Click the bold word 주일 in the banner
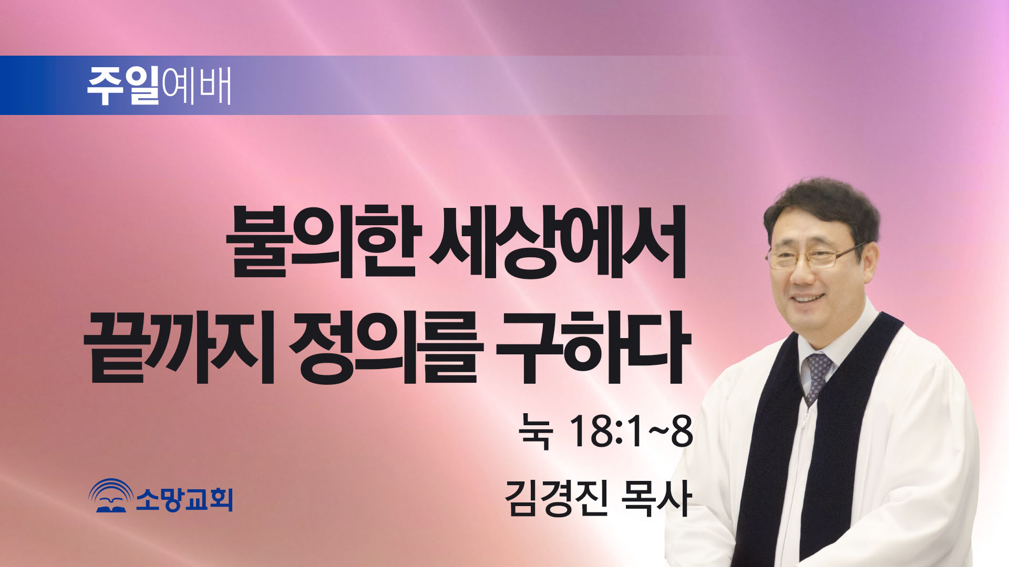(x=123, y=86)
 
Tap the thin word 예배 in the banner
(x=197, y=86)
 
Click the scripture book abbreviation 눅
(x=536, y=432)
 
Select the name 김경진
(x=557, y=498)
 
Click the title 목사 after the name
(x=655, y=498)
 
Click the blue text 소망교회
(x=184, y=499)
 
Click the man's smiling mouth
(x=808, y=299)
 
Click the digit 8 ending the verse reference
(x=682, y=431)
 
